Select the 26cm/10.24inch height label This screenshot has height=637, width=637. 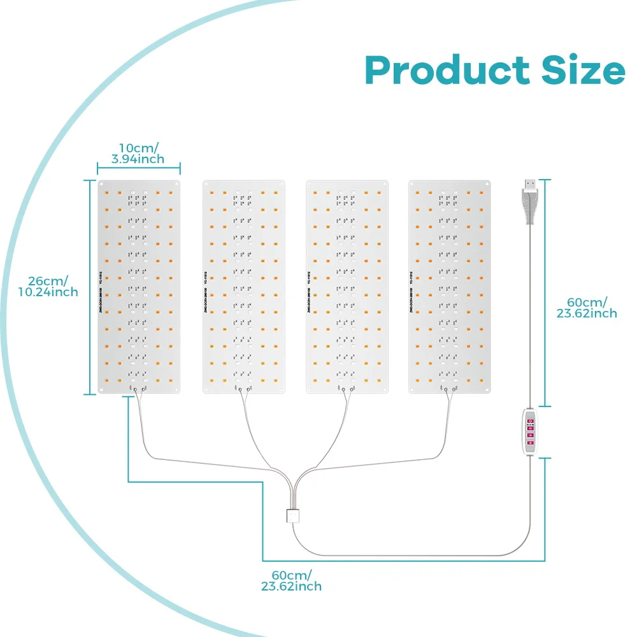[48, 285]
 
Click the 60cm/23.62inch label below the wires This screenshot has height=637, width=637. [291, 580]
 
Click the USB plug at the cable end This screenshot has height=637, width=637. [529, 201]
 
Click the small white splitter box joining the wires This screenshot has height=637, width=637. [293, 515]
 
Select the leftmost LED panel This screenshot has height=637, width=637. [139, 287]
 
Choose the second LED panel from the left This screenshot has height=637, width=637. [243, 287]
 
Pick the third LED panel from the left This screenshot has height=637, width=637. [347, 287]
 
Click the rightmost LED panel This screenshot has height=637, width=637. [450, 287]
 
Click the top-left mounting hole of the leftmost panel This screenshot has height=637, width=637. [102, 184]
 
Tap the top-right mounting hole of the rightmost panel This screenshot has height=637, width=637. [487, 184]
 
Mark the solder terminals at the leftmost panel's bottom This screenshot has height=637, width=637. [138, 389]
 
